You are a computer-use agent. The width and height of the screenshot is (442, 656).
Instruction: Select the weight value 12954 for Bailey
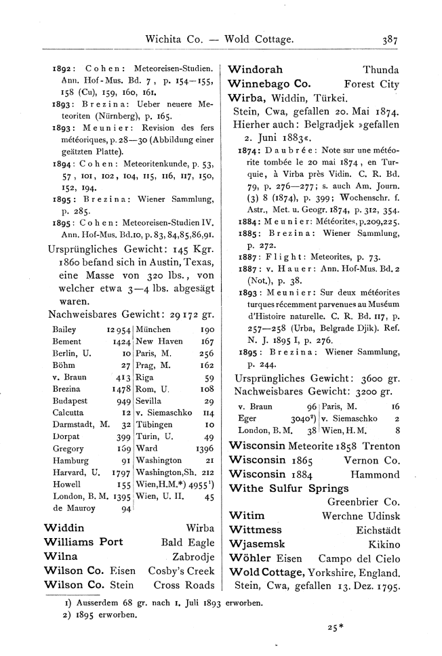(x=118, y=329)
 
